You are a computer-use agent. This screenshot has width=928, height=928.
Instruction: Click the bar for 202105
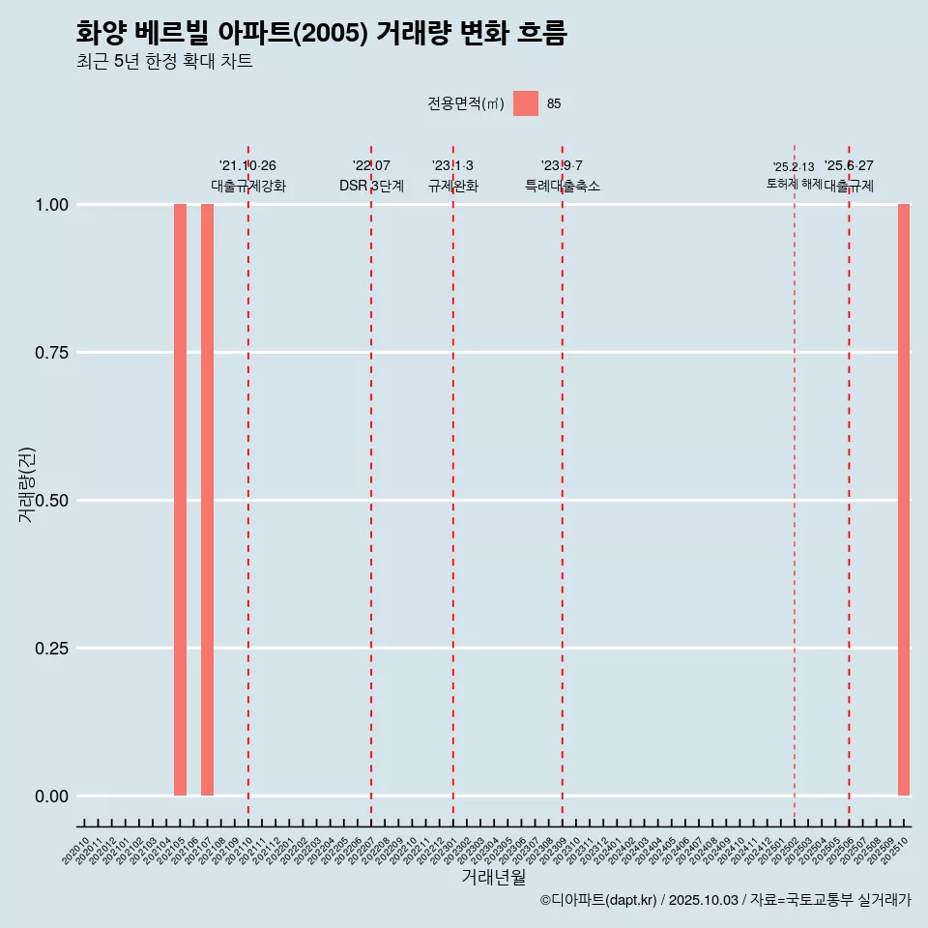[180, 500]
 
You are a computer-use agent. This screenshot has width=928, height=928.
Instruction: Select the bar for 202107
[207, 500]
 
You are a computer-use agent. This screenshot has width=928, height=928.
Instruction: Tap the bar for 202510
[904, 500]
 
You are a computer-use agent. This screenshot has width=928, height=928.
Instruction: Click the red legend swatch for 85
[525, 103]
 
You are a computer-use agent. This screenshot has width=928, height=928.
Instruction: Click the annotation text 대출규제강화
[248, 186]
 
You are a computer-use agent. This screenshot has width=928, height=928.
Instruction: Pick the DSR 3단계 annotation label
[371, 186]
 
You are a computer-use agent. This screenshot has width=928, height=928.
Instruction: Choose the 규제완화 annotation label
[453, 186]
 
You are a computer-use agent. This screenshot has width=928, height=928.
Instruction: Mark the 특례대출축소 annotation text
[563, 186]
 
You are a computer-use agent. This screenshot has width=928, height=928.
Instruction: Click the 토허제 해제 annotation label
[794, 184]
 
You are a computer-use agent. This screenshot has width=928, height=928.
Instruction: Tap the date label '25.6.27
[849, 165]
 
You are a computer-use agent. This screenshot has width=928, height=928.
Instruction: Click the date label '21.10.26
[248, 165]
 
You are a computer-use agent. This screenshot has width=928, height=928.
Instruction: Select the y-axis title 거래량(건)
[27, 485]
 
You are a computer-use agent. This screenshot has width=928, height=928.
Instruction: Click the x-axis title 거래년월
[493, 877]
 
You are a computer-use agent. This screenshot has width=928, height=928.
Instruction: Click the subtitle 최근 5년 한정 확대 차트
[164, 62]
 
